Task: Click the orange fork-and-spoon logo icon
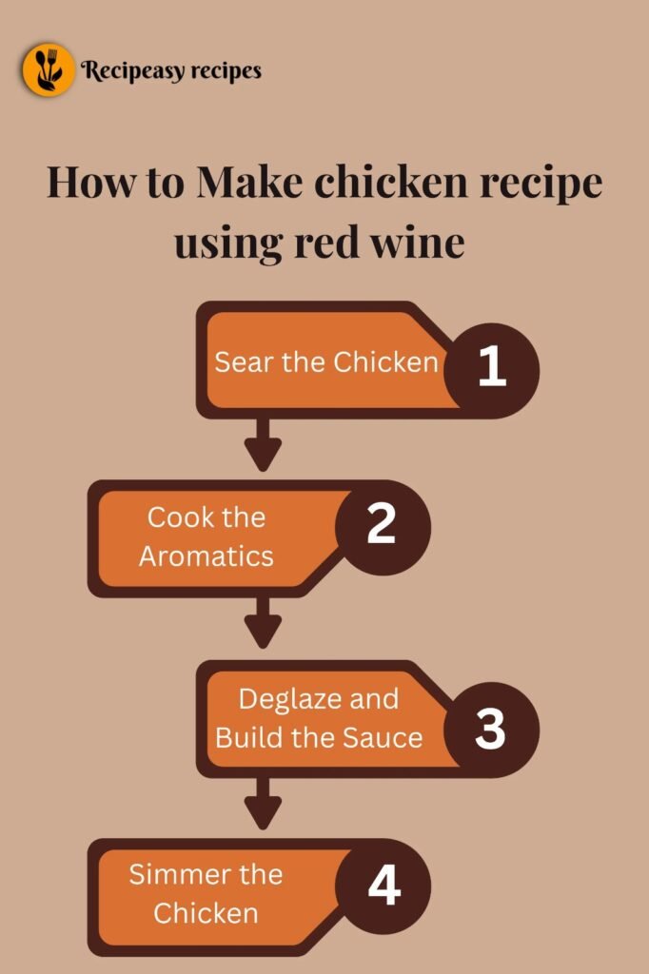(x=49, y=69)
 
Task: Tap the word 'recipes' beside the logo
(x=226, y=69)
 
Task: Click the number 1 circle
(x=491, y=368)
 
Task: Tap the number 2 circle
(x=382, y=526)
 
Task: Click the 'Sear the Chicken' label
(x=326, y=362)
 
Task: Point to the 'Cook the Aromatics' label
(x=206, y=536)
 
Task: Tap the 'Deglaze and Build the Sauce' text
(x=319, y=718)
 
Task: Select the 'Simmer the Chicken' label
(x=206, y=893)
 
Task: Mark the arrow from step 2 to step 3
(x=264, y=625)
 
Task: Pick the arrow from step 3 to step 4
(x=264, y=805)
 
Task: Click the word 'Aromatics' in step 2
(x=206, y=555)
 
